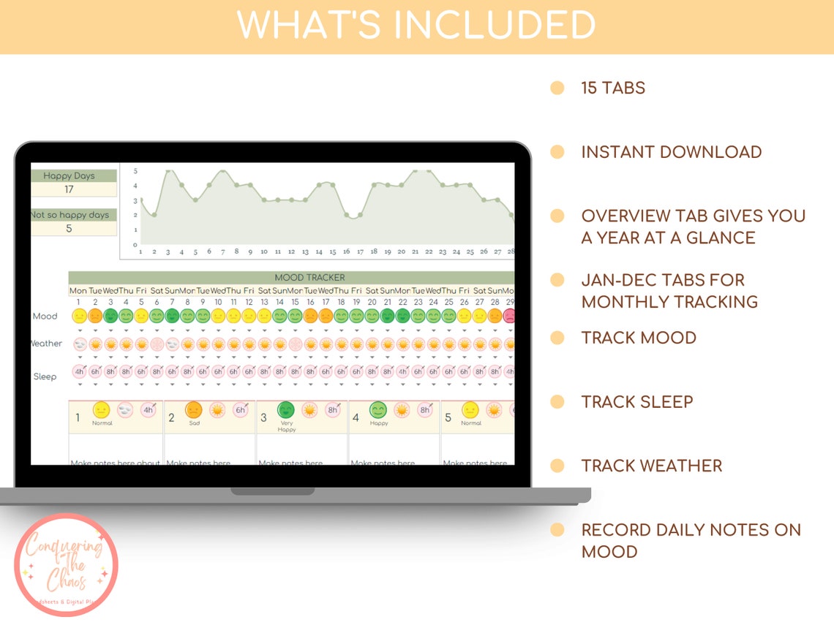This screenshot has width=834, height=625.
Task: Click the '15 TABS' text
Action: coord(613,88)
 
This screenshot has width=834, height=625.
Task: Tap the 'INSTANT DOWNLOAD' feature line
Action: coord(672,152)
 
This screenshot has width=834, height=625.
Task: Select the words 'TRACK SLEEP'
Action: coord(637,401)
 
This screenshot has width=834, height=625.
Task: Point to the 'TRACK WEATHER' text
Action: coord(652,466)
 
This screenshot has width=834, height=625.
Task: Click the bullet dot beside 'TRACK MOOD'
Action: coord(557,338)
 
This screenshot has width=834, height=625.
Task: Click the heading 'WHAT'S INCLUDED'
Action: coord(416,26)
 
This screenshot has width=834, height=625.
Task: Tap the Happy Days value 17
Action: coord(69,189)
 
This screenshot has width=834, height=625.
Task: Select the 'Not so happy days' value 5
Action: coord(69,228)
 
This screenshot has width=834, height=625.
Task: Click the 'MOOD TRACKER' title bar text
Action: coord(309,278)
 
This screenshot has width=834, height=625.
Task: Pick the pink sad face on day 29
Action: coord(509,317)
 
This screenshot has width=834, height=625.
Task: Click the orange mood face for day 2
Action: coord(95,317)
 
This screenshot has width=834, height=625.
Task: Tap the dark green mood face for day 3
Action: coord(110,317)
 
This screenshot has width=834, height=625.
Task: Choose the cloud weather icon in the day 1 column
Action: coord(79,344)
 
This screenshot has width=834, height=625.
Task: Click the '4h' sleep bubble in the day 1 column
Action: coord(79,371)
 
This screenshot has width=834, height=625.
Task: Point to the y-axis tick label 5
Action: coord(135,171)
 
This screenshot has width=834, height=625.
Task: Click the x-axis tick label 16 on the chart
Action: coord(346,251)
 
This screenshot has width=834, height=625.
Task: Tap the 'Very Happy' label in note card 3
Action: coord(287,426)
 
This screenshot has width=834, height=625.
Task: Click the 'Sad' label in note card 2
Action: coord(194,423)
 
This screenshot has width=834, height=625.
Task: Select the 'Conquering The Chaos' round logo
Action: coord(66,565)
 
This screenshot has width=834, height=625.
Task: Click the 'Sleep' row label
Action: coord(45,376)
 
